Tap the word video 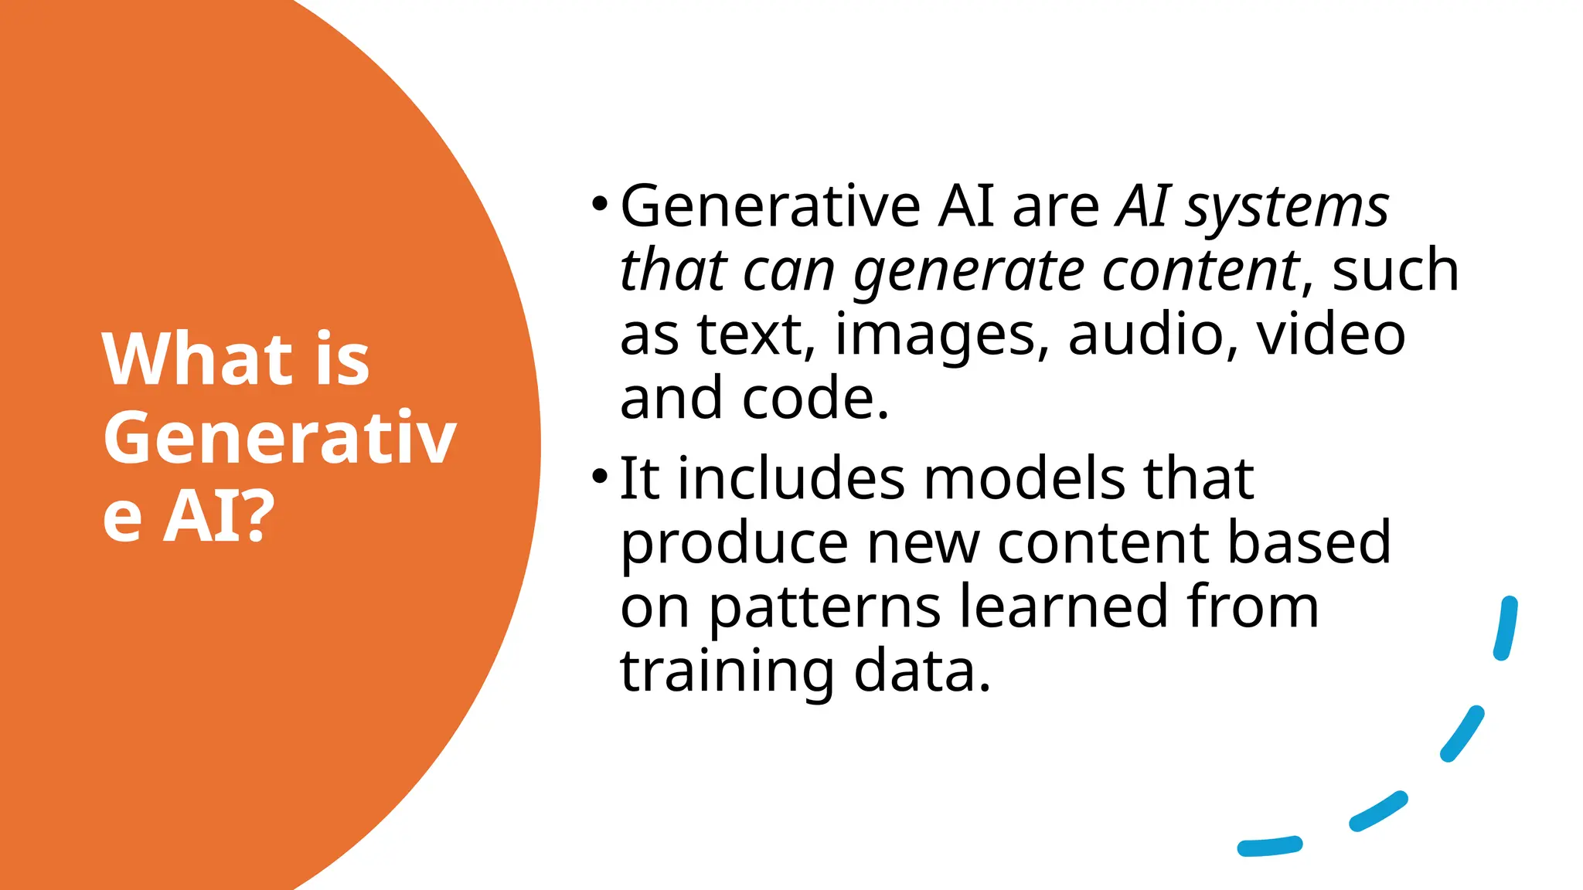[1330, 335]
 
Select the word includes [791, 479]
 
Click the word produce [734, 544]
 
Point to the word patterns [825, 608]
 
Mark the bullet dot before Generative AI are [599, 204]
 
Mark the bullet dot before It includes [599, 476]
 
